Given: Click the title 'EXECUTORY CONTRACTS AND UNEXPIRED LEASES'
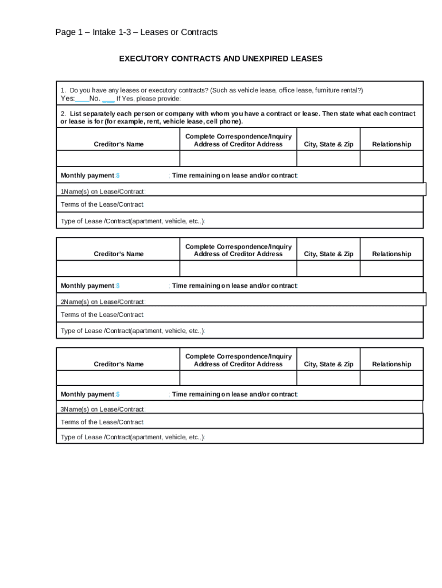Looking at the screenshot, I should [x=220, y=59].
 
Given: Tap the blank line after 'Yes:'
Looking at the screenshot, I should [x=82, y=99].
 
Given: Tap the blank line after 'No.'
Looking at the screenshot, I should [x=108, y=99].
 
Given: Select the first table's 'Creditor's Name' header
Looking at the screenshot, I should [x=118, y=144].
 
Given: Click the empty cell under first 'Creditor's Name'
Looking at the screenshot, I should [x=118, y=158].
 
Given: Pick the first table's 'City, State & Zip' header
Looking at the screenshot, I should [x=328, y=144].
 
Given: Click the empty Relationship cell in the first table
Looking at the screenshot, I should [x=391, y=158].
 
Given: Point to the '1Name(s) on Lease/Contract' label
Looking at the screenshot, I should [x=103, y=191].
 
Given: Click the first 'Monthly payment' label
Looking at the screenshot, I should [x=88, y=175].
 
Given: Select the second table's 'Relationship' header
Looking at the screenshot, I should [x=391, y=254].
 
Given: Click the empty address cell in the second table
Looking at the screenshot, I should [x=238, y=268].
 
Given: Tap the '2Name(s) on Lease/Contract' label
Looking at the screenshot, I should [x=103, y=301].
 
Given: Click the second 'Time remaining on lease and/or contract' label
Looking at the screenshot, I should [x=234, y=285].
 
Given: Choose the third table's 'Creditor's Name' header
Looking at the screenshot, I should [x=118, y=364].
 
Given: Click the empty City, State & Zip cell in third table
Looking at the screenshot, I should [x=328, y=378].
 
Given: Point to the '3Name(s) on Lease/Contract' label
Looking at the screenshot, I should [x=103, y=409].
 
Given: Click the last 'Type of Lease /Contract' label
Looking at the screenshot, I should [x=132, y=438].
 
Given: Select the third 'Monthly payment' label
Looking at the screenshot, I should [x=88, y=394].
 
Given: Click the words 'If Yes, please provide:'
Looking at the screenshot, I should [x=141, y=99].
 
